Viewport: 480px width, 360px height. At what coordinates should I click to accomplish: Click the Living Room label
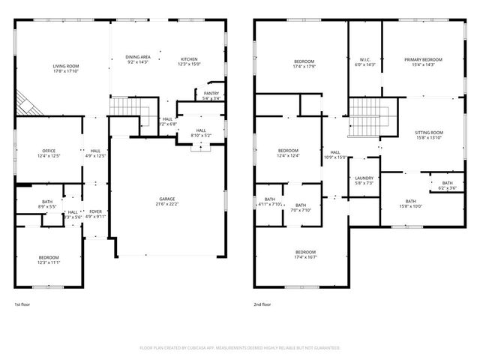pos(66,66)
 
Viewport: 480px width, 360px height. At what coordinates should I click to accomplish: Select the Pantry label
pos(211,93)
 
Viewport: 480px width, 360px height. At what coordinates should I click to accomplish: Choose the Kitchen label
pos(189,58)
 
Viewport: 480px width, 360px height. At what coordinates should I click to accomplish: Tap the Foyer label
pos(95,211)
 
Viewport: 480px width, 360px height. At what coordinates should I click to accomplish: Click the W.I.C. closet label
pos(364,60)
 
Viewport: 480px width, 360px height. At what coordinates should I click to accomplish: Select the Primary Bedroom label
pos(424,60)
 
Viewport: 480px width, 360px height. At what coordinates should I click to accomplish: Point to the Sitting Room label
pos(429,133)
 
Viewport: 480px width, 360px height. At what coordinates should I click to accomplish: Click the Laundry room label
pos(364,178)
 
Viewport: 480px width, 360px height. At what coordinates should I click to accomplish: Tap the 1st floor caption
pos(22,304)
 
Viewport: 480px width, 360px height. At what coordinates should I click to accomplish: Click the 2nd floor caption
pos(262,304)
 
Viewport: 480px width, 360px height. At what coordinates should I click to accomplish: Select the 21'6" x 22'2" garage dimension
pos(166,205)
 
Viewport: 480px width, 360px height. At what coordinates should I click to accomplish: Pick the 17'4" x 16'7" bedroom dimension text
pos(305,256)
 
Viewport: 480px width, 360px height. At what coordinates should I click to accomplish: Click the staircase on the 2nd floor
pos(365,118)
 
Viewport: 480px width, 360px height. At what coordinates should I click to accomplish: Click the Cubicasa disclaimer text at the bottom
pos(240,348)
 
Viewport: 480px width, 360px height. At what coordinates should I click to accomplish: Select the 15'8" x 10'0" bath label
pos(410,206)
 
